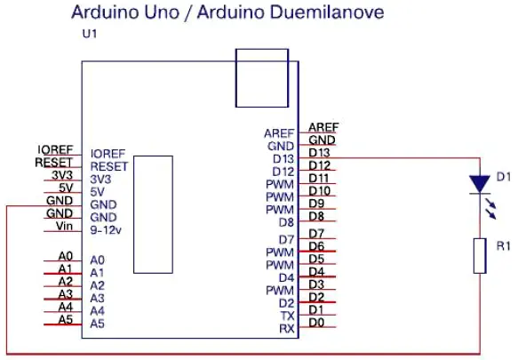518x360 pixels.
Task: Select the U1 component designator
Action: point(90,34)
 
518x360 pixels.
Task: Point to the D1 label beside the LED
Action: point(504,177)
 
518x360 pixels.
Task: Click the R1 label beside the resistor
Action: point(504,246)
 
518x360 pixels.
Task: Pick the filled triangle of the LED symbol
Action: point(480,183)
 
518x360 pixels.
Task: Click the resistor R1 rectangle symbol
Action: point(480,256)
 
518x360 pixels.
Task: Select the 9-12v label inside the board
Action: point(106,230)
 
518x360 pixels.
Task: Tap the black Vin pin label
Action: point(64,226)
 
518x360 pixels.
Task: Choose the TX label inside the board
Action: point(287,316)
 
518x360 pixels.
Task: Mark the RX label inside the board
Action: point(287,329)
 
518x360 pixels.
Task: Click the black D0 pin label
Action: point(316,323)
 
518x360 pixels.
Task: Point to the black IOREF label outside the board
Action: point(55,149)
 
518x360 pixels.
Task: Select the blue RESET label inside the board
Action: point(109,166)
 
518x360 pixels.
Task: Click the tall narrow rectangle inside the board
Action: point(154,214)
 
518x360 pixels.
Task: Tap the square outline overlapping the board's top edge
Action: point(262,78)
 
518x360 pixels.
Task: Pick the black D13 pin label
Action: point(319,153)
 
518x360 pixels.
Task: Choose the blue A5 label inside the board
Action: point(98,324)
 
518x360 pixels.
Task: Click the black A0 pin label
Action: point(66,256)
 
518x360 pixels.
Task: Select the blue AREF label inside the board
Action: point(279,133)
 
